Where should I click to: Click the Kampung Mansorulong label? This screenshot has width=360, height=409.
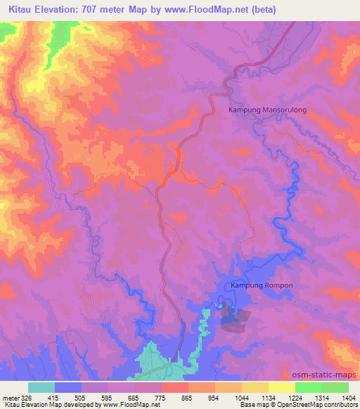pyautogui.click(x=268, y=110)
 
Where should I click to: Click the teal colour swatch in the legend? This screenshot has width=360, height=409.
pyautogui.click(x=41, y=387)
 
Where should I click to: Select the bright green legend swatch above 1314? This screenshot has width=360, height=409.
pyautogui.click(x=309, y=387)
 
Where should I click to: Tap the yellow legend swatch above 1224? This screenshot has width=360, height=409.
pyautogui.click(x=282, y=387)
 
